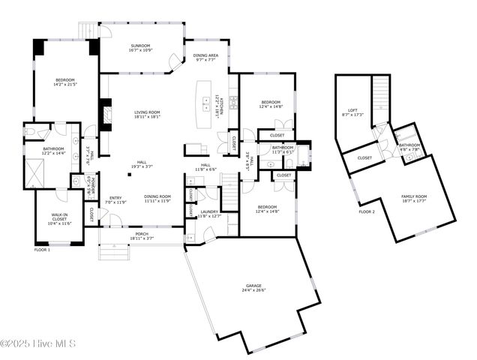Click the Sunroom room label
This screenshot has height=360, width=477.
[x=140, y=48]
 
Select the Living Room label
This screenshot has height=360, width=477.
[x=142, y=114]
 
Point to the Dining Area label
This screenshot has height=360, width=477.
[x=206, y=57]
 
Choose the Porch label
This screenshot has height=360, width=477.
[x=142, y=235]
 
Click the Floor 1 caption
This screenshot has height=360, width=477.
[x=42, y=249]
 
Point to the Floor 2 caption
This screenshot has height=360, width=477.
[x=367, y=212]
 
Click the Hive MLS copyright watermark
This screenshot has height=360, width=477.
[x=39, y=343]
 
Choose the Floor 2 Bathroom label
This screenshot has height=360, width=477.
[x=409, y=147]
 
